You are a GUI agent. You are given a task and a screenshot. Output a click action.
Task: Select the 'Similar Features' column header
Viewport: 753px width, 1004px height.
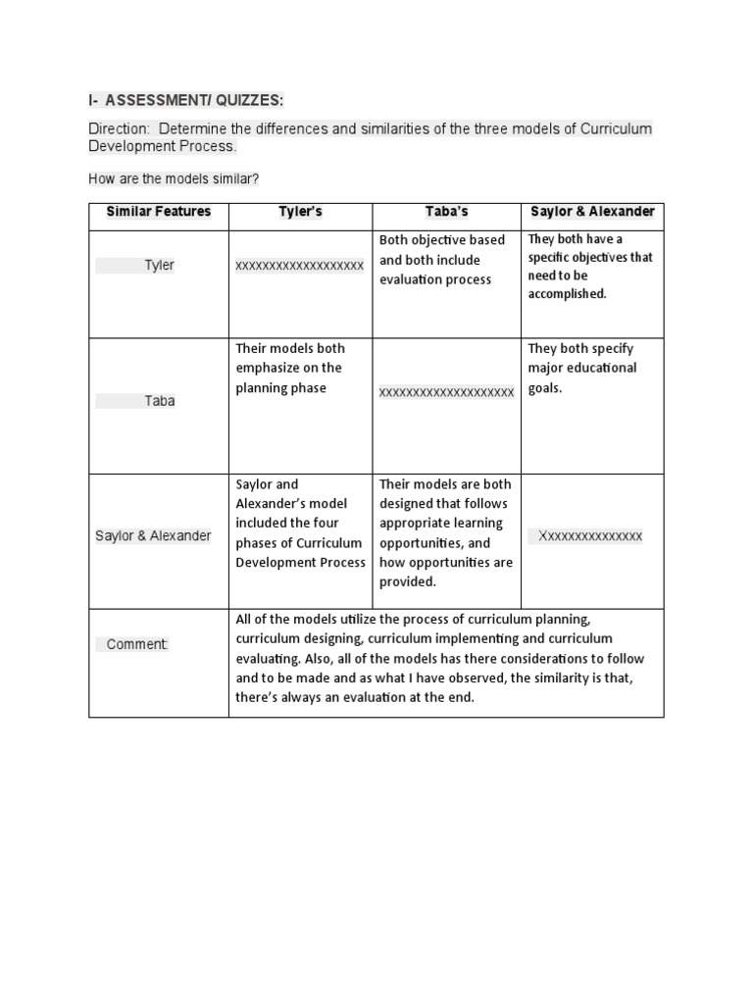[159, 212]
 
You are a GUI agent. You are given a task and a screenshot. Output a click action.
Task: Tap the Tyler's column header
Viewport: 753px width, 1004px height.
[300, 212]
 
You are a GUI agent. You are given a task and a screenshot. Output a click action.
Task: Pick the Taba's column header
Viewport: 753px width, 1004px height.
[446, 212]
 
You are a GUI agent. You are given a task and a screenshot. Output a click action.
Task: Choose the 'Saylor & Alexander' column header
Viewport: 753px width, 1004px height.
[592, 212]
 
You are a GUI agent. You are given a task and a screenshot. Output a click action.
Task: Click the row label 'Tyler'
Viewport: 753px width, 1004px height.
[159, 266]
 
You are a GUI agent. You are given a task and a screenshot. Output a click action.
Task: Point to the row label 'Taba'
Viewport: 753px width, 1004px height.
[159, 401]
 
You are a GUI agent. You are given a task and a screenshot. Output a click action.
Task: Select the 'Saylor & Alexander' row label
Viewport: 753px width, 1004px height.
[153, 536]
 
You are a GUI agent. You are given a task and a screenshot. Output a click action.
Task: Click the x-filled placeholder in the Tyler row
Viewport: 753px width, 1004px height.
[300, 266]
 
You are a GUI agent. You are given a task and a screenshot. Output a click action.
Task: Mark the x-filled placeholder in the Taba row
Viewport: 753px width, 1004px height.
[446, 392]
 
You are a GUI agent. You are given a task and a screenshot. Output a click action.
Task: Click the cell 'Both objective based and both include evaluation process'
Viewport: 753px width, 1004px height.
[443, 260]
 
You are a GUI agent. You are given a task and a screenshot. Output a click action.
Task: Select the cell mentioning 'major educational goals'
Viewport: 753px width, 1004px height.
[582, 368]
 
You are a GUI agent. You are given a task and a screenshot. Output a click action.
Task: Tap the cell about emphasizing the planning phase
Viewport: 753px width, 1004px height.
[290, 368]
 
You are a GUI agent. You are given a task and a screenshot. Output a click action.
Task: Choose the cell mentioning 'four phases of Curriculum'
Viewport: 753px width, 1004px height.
[300, 524]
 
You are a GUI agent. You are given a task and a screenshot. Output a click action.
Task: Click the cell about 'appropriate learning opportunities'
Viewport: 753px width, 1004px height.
[446, 532]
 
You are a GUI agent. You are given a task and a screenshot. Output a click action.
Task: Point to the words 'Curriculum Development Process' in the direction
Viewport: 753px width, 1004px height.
[163, 146]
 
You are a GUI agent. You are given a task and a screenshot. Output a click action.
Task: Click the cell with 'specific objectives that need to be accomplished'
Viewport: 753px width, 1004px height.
[590, 266]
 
